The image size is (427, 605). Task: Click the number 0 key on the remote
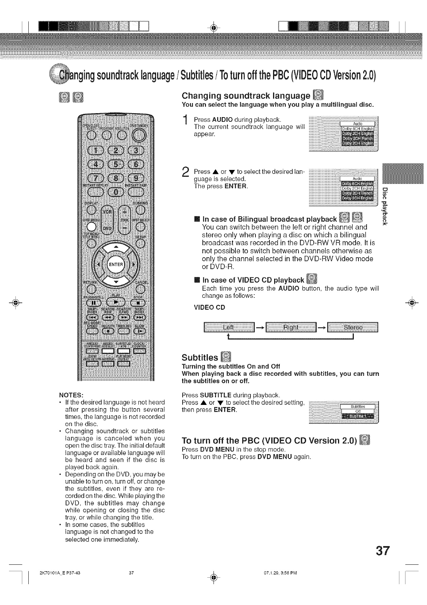click(x=116, y=191)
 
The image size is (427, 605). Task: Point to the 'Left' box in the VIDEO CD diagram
click(x=229, y=328)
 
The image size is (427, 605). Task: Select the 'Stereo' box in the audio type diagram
click(x=353, y=328)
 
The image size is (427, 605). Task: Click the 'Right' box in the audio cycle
click(x=291, y=328)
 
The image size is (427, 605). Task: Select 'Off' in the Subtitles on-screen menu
click(x=357, y=411)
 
